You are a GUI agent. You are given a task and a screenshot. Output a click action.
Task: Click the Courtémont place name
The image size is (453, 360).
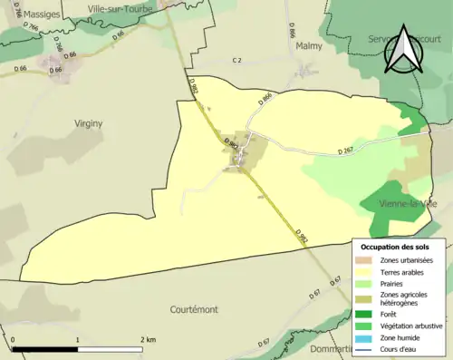(193, 309)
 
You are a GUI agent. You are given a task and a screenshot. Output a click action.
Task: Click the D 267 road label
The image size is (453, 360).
(345, 151)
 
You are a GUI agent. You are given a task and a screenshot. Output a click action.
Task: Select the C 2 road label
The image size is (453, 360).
(236, 60)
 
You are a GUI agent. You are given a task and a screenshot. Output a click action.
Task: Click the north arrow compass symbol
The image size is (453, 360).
(402, 52)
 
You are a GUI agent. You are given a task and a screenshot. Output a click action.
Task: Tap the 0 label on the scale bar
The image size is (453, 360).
(14, 338)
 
